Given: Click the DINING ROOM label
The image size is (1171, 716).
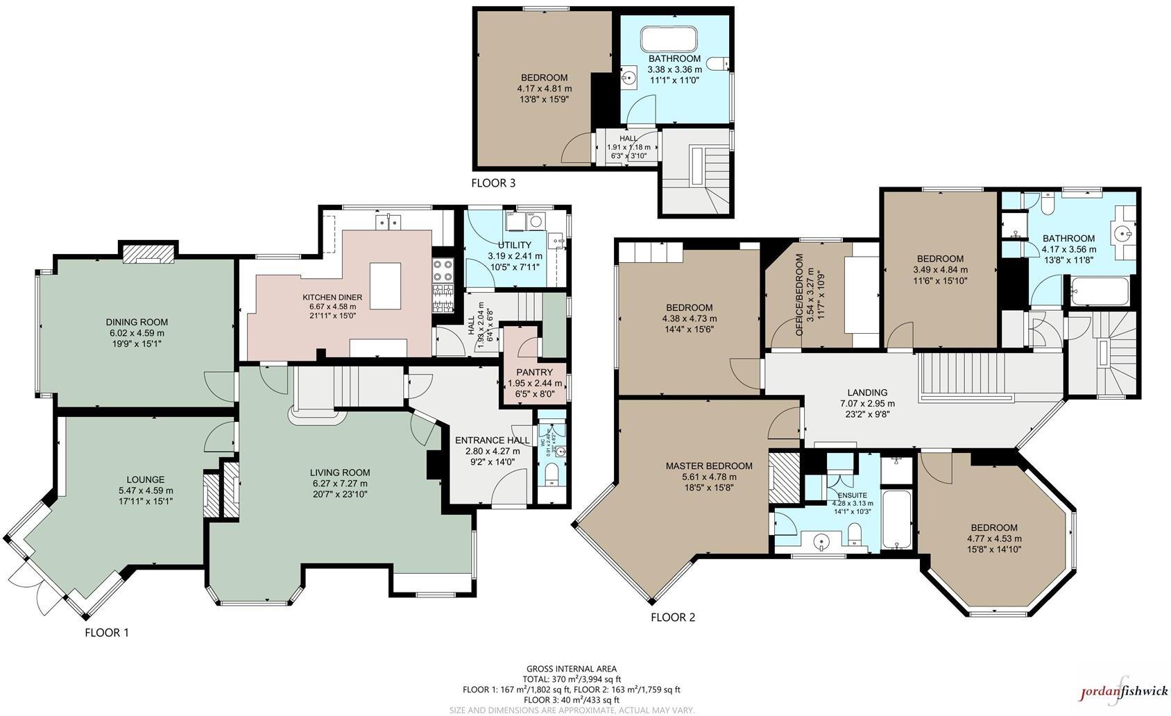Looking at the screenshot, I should [137, 322].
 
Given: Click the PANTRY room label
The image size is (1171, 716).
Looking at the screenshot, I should [534, 373].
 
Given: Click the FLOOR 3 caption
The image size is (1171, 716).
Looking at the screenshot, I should [493, 184].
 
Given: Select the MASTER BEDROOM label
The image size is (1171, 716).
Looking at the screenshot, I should [708, 466].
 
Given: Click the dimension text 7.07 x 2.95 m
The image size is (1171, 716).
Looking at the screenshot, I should [867, 403].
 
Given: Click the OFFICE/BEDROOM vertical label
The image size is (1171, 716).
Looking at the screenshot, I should [800, 295].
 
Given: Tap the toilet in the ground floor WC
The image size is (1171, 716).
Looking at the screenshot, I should [552, 476].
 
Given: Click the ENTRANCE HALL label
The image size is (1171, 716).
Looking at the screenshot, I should [492, 440].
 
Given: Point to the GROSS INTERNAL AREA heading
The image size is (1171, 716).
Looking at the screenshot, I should [571, 669].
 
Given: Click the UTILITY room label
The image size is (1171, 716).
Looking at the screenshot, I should [514, 245].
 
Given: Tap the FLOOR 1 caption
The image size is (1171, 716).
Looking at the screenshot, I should [107, 633].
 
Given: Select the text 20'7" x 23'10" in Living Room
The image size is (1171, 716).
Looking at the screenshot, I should [339, 494].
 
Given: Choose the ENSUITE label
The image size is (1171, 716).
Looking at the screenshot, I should [852, 495].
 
